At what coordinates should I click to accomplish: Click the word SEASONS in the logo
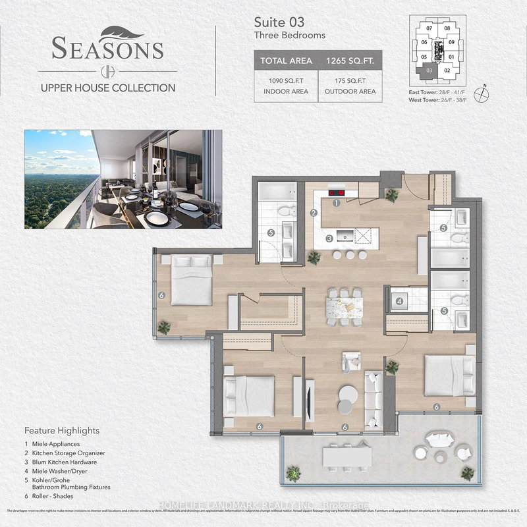coord(107,49)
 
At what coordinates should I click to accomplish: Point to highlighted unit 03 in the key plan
coord(430,69)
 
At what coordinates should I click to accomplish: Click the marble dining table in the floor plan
coord(344,306)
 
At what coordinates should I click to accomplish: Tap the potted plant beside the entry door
coord(393,195)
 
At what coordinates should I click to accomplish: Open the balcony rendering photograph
coord(123,179)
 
